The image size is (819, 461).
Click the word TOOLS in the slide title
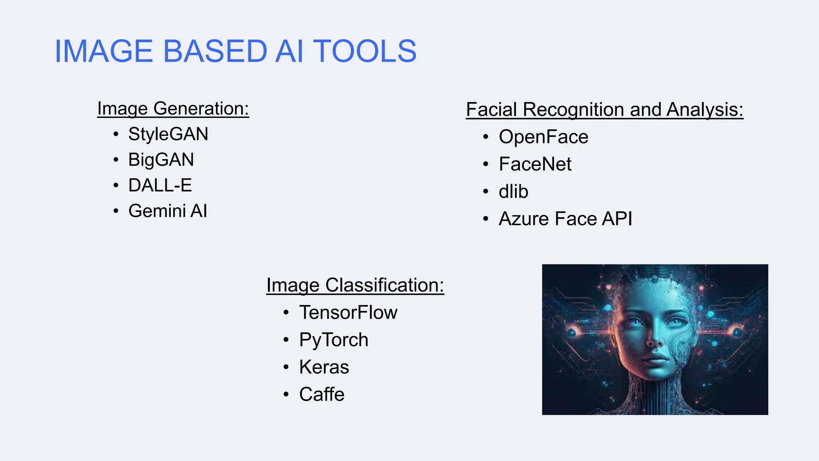365,51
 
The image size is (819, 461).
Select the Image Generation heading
173,109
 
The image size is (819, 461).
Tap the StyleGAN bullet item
168,134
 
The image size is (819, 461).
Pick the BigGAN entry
161,160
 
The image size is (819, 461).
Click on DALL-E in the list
160,185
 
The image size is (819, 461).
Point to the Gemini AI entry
168,211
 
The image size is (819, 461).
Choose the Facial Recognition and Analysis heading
605,110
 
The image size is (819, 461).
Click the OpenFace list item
543,137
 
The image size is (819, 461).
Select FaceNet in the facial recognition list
535,164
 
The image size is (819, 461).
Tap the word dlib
513,191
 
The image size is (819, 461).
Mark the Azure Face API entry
565,218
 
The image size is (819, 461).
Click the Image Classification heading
355,285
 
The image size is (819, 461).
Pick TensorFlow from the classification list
348,313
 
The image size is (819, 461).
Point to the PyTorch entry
334,340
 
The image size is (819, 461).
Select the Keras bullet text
324,367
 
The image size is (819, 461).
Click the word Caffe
322,394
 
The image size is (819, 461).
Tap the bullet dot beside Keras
286,367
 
